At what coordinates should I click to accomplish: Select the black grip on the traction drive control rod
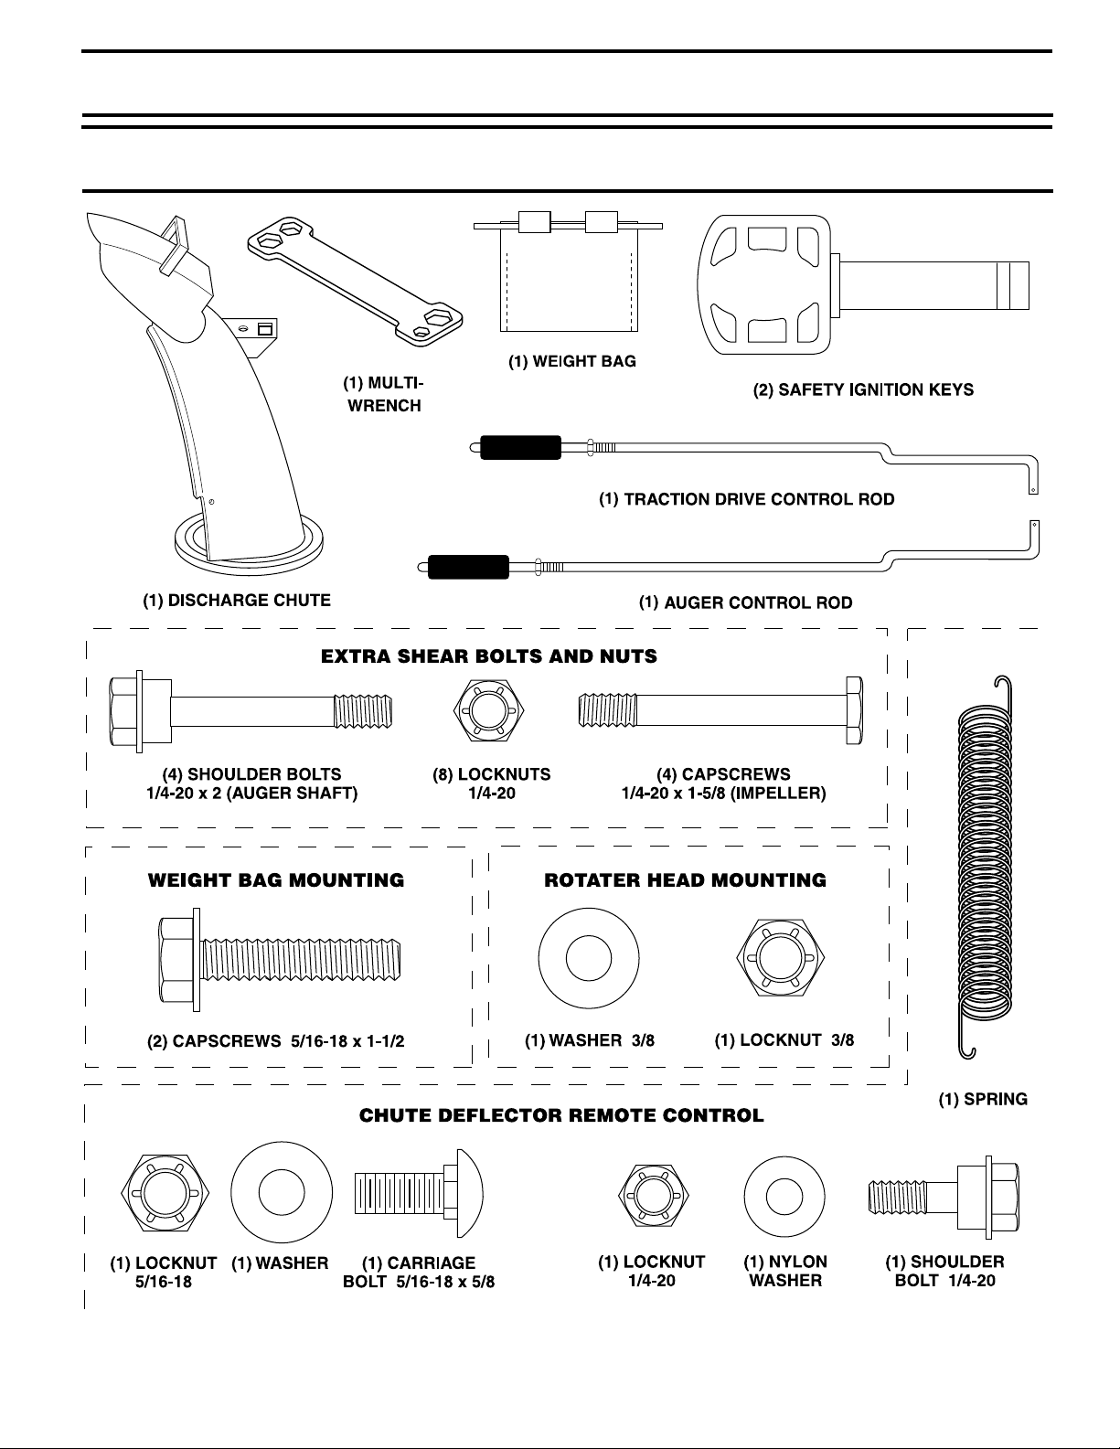[520, 447]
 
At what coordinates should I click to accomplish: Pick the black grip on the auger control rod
[469, 567]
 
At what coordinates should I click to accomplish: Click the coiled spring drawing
[985, 867]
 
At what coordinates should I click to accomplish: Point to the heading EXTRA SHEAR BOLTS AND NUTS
[488, 656]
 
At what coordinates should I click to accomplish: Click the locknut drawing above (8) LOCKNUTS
[488, 709]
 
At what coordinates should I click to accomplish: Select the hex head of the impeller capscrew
[854, 710]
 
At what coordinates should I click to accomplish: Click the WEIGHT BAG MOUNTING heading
[276, 880]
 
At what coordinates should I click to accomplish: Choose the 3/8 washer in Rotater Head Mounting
[589, 958]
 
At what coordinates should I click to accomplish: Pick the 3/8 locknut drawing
[781, 958]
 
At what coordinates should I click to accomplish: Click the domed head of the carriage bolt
[469, 1193]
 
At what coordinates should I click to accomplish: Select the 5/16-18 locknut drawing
[165, 1192]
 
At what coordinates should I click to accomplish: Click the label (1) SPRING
[983, 1099]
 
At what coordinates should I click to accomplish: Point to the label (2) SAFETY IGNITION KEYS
[863, 390]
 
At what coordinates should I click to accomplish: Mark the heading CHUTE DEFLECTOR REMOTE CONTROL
[561, 1115]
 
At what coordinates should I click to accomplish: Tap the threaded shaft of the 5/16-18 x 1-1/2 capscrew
[301, 960]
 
